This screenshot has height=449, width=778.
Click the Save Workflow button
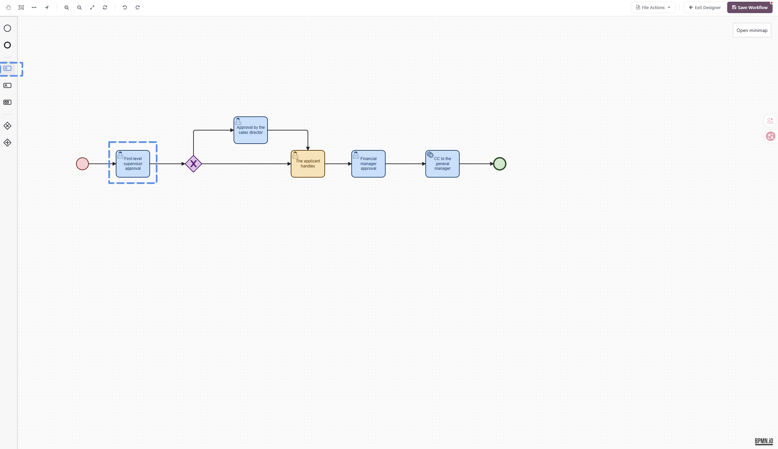(x=750, y=7)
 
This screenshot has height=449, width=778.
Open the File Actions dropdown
(x=653, y=7)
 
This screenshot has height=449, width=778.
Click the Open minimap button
(x=752, y=30)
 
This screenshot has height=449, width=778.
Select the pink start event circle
(x=82, y=164)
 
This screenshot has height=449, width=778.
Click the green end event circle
(x=500, y=164)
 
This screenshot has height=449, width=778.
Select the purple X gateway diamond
(x=193, y=164)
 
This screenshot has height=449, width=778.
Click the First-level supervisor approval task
(x=133, y=164)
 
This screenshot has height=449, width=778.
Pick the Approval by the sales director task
(x=251, y=130)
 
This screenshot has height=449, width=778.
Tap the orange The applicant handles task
(x=308, y=164)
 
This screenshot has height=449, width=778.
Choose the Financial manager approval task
(x=368, y=164)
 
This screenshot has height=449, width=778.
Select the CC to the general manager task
(x=443, y=164)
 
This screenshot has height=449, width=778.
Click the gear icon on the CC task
(x=430, y=155)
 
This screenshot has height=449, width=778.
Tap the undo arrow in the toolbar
(x=125, y=7)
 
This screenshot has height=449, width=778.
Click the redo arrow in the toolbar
(x=138, y=7)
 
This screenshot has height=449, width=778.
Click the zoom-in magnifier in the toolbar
(x=67, y=7)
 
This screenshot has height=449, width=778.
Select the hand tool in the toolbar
(x=8, y=7)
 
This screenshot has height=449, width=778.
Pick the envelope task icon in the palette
(x=7, y=102)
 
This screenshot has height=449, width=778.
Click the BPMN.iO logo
(x=764, y=441)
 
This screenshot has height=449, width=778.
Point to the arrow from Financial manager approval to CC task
(x=405, y=164)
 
